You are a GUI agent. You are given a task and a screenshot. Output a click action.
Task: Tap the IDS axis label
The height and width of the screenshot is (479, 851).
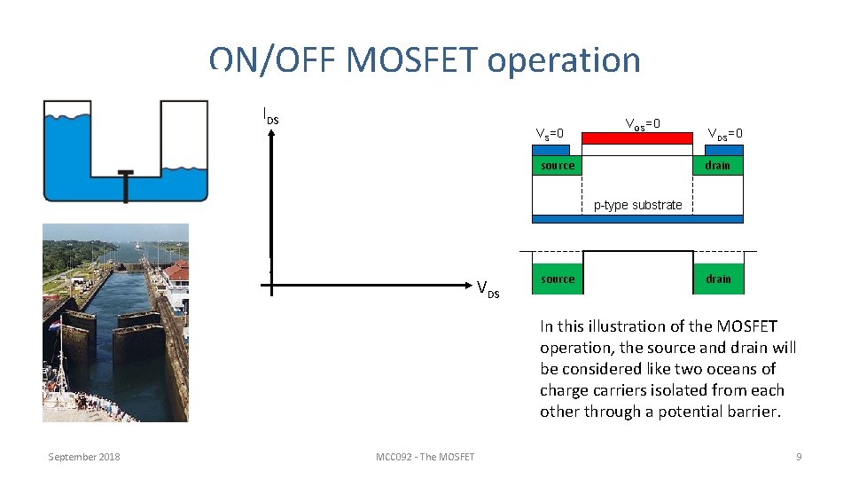271,114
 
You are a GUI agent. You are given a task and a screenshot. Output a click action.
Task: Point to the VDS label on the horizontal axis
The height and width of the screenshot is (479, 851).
488,288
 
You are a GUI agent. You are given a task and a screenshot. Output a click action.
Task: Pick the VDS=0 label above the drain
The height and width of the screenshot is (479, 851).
724,134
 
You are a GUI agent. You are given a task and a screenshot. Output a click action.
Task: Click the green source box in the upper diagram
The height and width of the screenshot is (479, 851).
558,166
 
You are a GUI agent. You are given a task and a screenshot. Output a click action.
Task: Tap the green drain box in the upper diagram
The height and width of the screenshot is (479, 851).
717,166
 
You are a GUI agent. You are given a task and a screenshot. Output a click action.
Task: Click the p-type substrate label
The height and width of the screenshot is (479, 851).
637,205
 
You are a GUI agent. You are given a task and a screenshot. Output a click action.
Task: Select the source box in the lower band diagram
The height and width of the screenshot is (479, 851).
558,279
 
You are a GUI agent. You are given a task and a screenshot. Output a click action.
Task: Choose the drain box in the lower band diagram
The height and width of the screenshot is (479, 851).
718,279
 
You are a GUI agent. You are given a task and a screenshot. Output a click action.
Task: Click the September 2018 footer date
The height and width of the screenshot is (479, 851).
84,457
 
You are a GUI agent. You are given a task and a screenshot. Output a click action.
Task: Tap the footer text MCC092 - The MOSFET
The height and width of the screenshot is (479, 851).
425,457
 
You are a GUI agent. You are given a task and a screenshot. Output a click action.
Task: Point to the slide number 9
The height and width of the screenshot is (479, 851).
799,457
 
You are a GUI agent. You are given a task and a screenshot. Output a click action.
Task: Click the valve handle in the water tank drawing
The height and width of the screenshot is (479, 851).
126,174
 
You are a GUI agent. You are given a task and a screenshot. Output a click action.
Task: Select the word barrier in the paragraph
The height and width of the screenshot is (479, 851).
750,412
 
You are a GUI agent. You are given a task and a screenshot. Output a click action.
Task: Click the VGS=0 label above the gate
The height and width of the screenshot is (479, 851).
643,123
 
